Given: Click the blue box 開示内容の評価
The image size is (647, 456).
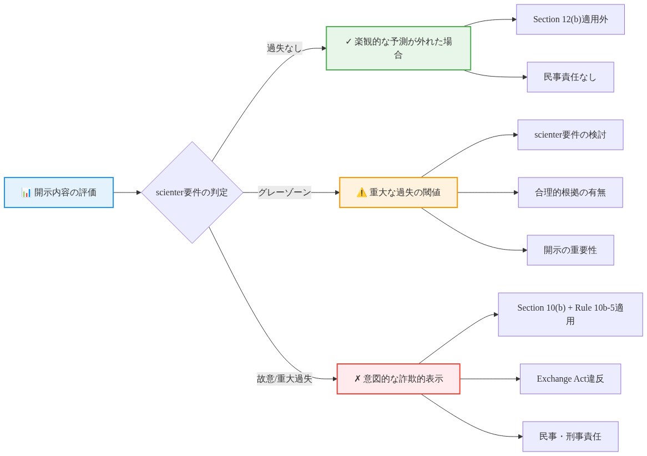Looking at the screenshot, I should click(59, 192).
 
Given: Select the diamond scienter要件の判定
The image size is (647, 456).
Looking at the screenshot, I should click(192, 192).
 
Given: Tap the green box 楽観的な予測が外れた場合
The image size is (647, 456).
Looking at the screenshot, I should click(398, 48).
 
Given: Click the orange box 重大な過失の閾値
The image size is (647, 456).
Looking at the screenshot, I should click(398, 192).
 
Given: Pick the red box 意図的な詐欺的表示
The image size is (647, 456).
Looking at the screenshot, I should click(398, 379).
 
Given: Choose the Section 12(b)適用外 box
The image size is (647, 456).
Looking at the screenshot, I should click(570, 19).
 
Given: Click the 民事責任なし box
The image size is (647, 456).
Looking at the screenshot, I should click(570, 77).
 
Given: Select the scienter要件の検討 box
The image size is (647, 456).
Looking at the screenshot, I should click(570, 135).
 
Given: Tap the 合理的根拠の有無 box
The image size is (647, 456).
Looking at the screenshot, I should click(570, 192).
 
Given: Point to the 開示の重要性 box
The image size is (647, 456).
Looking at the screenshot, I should click(570, 250).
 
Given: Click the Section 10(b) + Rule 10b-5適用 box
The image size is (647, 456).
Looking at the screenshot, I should click(570, 315).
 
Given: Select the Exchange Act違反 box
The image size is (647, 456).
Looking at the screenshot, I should click(570, 379).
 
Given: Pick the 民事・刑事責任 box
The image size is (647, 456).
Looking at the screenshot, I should click(570, 437).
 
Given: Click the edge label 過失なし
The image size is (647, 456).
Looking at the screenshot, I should click(284, 48).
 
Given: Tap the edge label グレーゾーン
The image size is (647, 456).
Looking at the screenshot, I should click(284, 192).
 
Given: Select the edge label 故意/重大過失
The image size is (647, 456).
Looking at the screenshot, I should click(284, 379).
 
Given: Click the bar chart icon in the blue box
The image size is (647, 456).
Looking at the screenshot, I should click(26, 192).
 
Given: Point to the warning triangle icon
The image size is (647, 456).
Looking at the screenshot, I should click(361, 192).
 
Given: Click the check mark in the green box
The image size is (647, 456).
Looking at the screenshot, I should click(348, 42).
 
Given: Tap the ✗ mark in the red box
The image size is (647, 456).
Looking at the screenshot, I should click(357, 379).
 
